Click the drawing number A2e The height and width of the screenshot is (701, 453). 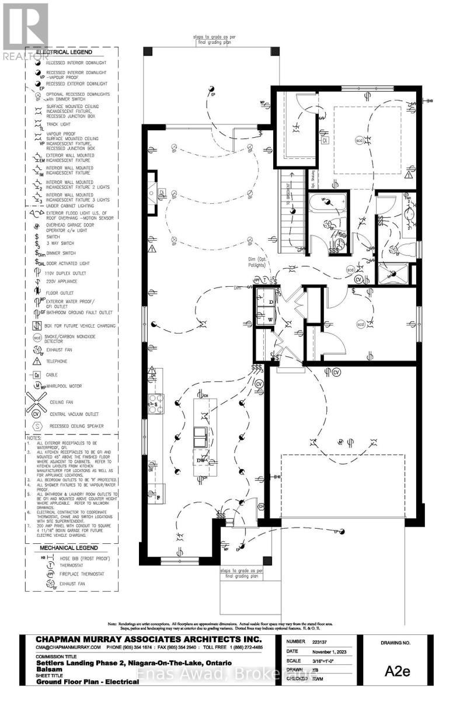click(x=398, y=671)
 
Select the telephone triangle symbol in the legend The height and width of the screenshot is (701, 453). click(x=37, y=360)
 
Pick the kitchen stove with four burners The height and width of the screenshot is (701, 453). click(x=156, y=404)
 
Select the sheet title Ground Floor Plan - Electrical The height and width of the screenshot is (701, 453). click(x=85, y=681)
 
